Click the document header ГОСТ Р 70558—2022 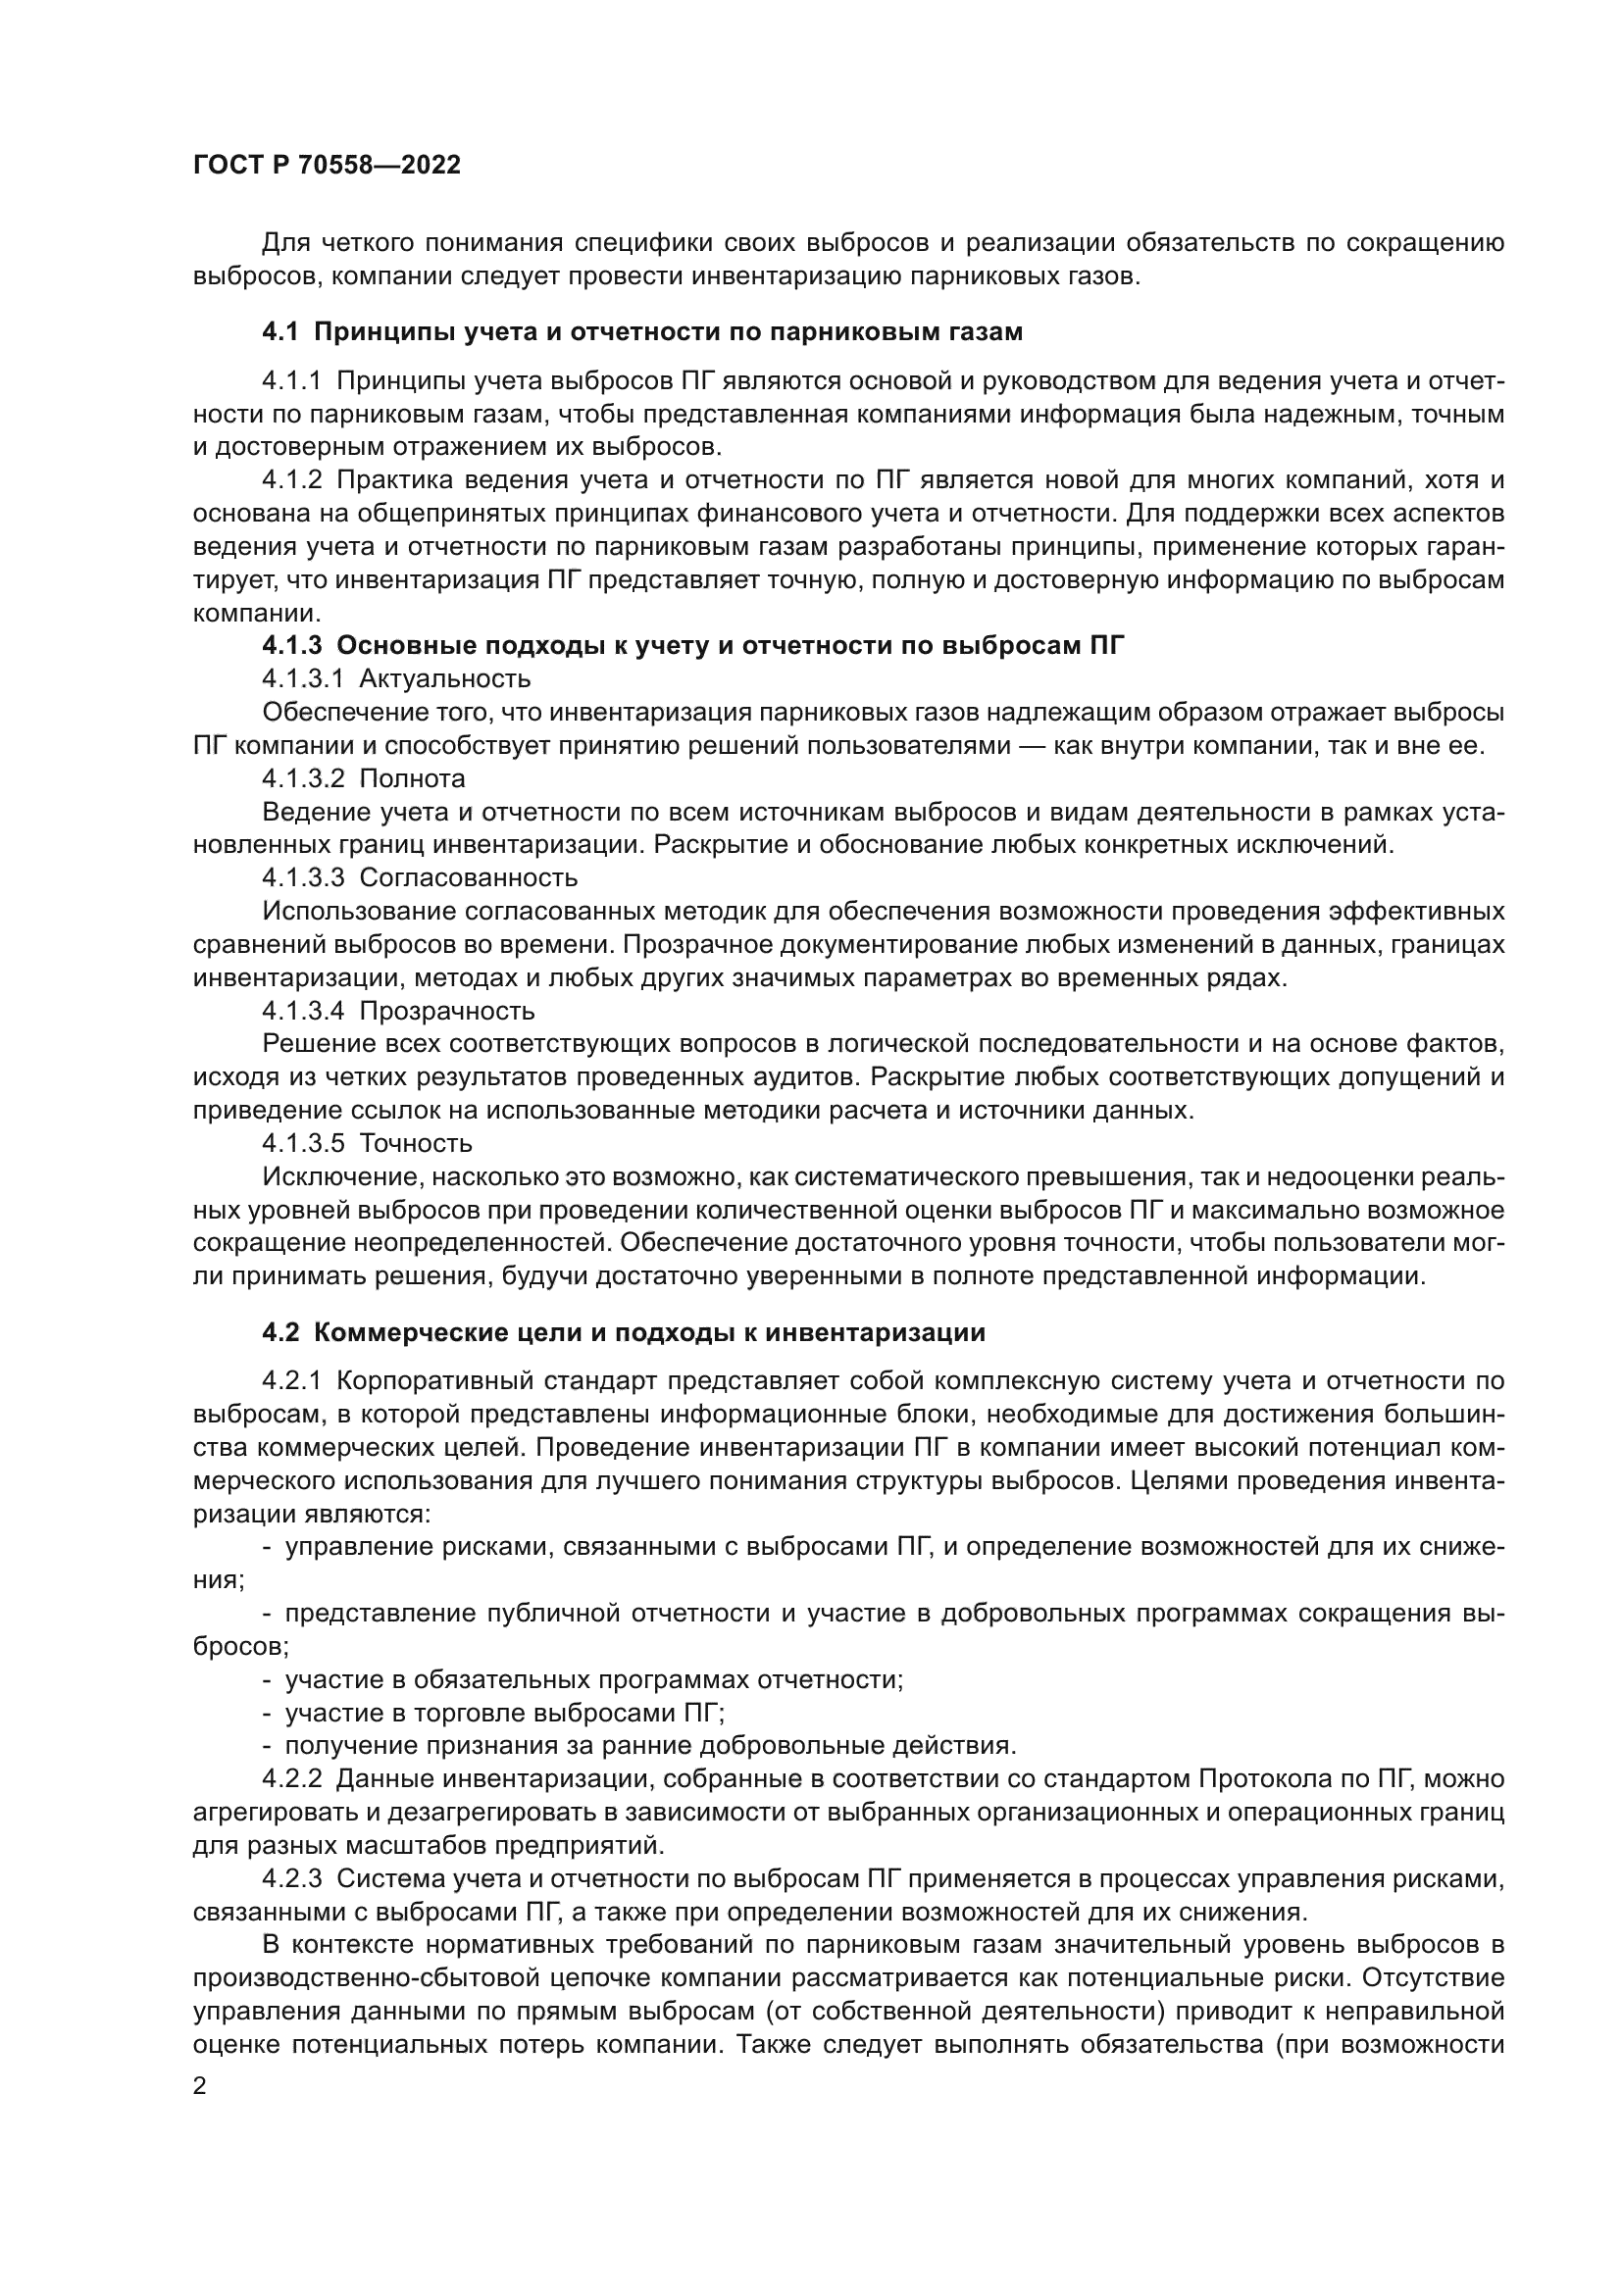pyautogui.click(x=327, y=166)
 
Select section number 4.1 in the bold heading pyautogui.click(x=279, y=332)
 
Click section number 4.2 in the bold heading pyautogui.click(x=279, y=1333)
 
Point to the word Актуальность pyautogui.click(x=444, y=679)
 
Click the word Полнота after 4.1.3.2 pyautogui.click(x=412, y=778)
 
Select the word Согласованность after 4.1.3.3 pyautogui.click(x=468, y=877)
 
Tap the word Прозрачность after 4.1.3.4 pyautogui.click(x=446, y=1012)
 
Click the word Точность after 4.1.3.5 pyautogui.click(x=416, y=1143)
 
